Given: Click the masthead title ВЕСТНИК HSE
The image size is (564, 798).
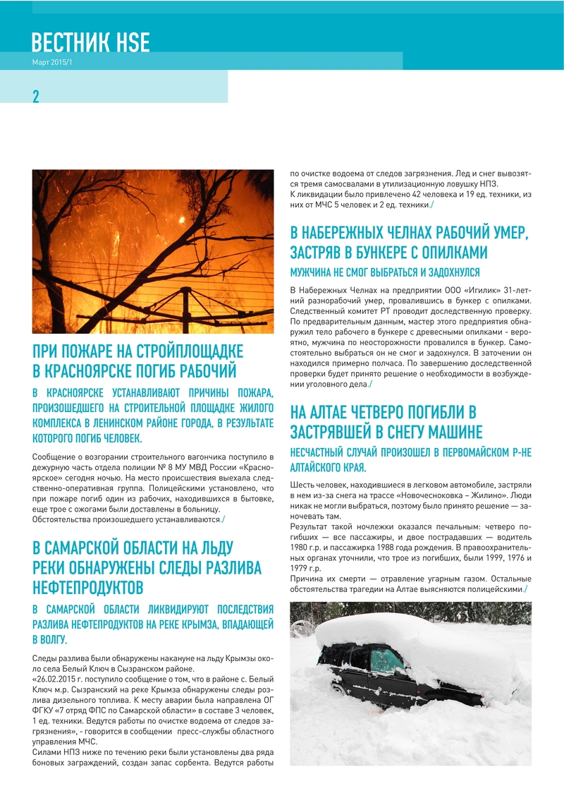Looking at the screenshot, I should click(91, 43).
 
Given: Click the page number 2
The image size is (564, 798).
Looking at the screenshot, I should click(36, 97).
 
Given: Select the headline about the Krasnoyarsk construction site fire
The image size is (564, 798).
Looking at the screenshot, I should click(138, 361).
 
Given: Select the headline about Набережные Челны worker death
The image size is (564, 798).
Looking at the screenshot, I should click(410, 242).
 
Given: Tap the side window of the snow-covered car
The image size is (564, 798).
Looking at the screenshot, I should click(386, 660).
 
